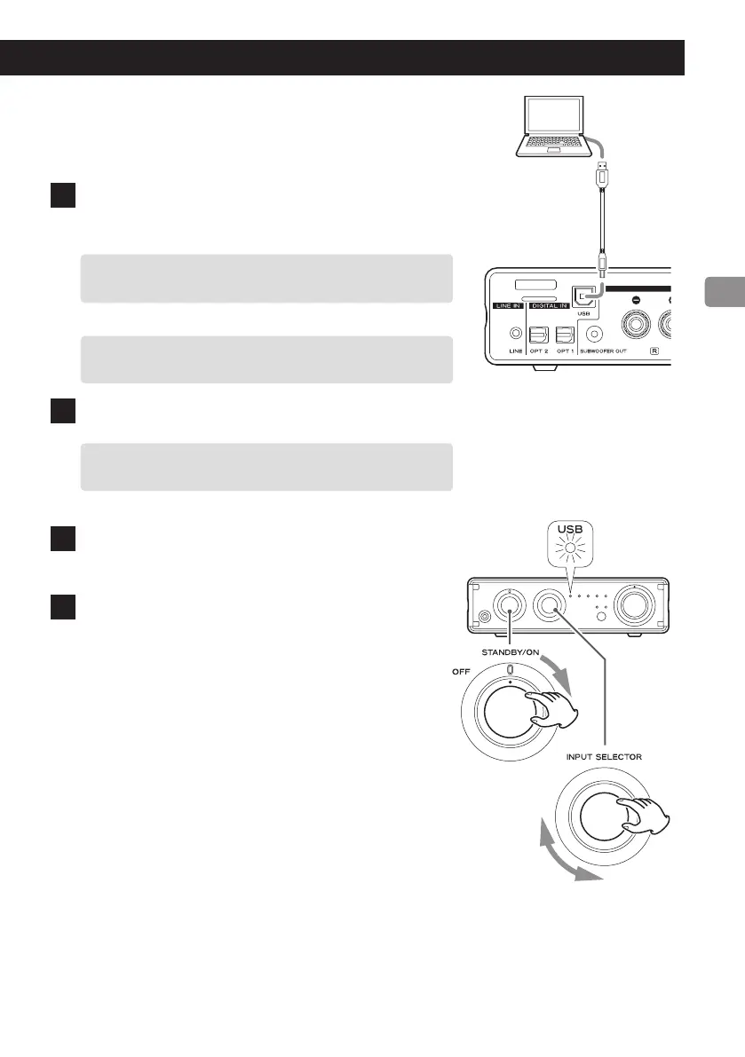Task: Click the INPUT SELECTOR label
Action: (604, 757)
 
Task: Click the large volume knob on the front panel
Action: (637, 609)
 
